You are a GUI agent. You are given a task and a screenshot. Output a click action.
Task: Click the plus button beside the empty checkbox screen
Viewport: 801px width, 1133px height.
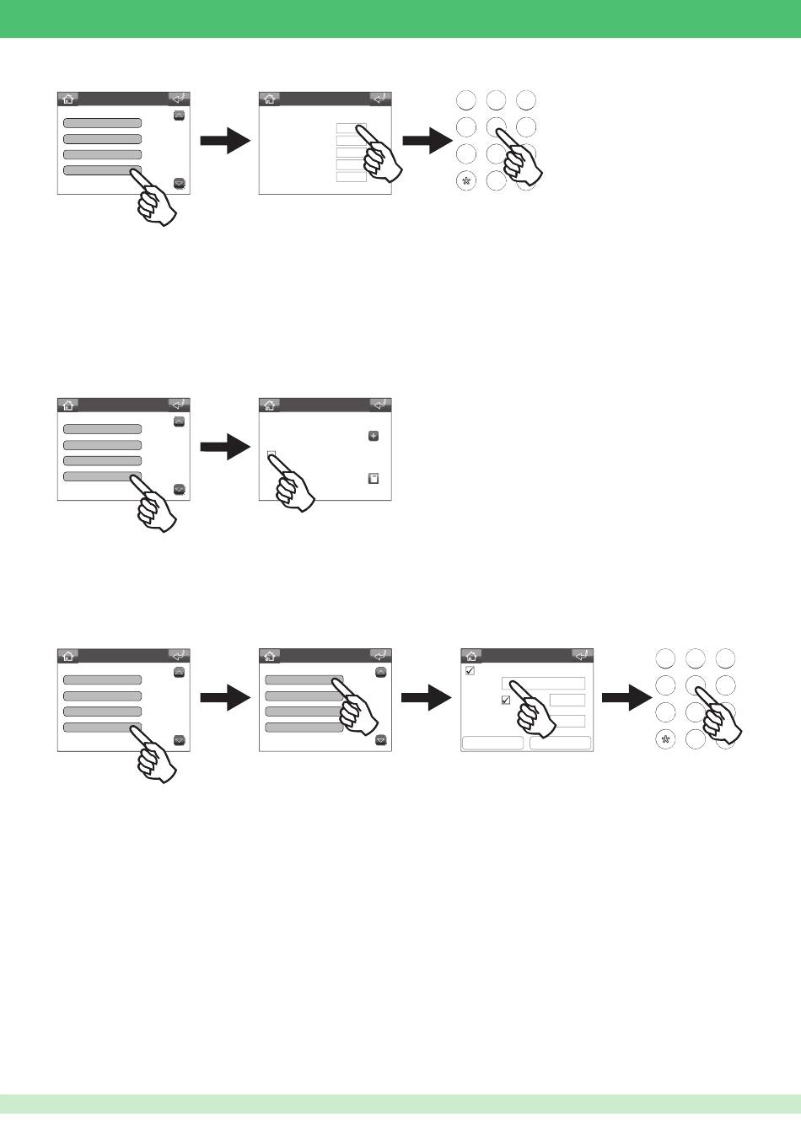point(374,437)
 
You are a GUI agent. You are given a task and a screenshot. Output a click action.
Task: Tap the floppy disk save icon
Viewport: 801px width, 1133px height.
point(374,479)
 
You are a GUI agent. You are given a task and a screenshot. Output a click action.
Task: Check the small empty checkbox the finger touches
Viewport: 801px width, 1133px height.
point(271,455)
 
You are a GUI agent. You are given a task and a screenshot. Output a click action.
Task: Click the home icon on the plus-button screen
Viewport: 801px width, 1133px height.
point(270,405)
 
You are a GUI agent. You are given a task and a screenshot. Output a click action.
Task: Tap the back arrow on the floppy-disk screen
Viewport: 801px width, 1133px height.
point(381,405)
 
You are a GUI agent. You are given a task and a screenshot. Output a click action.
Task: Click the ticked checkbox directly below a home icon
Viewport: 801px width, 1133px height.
point(470,671)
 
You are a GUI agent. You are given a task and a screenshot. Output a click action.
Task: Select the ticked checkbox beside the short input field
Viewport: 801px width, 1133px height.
point(506,701)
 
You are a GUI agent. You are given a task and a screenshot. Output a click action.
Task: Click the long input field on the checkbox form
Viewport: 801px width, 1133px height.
point(543,684)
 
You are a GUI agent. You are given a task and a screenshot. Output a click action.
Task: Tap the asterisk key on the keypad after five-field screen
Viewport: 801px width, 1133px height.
point(466,180)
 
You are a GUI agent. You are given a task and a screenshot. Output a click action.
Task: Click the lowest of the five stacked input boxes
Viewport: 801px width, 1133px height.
point(351,177)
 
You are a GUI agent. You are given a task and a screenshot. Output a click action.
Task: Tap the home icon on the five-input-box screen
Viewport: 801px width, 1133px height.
point(270,99)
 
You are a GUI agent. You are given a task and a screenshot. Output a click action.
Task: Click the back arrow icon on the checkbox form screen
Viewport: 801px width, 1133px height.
point(583,655)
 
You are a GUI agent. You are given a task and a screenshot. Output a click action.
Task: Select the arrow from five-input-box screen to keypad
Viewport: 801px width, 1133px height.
point(427,142)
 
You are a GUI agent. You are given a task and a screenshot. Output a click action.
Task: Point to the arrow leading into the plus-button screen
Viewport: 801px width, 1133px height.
point(226,448)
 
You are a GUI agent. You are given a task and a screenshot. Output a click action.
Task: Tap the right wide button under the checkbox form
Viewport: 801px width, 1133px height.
point(561,744)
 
